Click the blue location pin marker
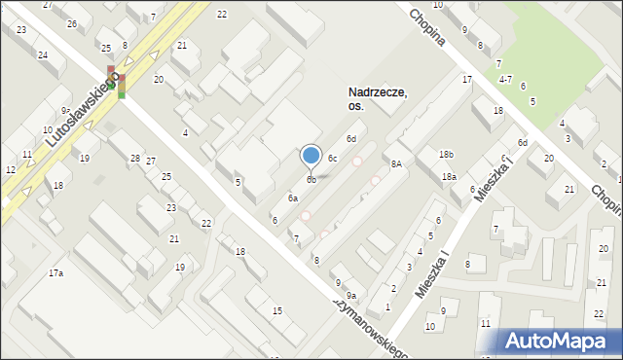(x=311, y=156)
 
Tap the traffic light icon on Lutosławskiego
(x=116, y=83)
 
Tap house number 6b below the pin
(x=311, y=179)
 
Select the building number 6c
(x=332, y=158)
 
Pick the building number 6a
(x=292, y=198)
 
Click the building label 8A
(x=396, y=164)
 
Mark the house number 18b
(x=446, y=155)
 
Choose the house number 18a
(x=449, y=177)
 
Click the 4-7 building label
(x=505, y=78)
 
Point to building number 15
(x=277, y=310)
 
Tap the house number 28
(x=135, y=159)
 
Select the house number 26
(x=72, y=22)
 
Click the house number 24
(x=43, y=54)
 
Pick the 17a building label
(x=56, y=273)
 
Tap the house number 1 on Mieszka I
(x=387, y=307)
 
